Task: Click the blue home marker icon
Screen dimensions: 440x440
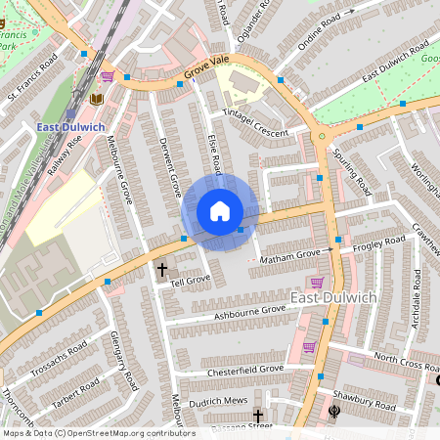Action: click(220, 211)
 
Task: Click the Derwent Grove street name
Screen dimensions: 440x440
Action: click(170, 165)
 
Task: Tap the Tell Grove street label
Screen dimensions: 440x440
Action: click(191, 280)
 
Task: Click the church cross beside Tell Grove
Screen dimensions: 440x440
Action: click(162, 269)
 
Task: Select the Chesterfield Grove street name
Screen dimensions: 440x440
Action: click(244, 370)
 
